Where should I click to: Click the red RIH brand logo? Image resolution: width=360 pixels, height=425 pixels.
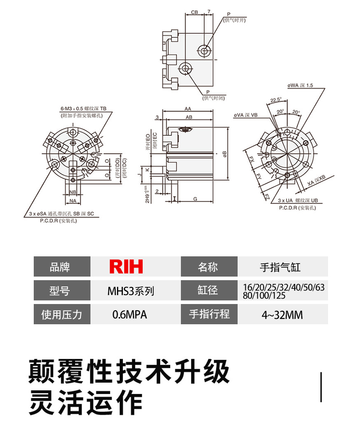(x=126, y=267)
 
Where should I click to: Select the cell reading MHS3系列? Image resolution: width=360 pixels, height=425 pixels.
(x=130, y=291)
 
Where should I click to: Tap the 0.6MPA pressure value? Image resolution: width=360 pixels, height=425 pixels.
(x=130, y=314)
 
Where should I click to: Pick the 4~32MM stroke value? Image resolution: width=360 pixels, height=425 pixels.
(x=282, y=314)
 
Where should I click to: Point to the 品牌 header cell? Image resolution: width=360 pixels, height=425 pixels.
(x=62, y=267)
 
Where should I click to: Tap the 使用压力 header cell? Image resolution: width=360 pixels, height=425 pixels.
(x=62, y=314)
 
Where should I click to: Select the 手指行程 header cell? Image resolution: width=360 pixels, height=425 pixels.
(x=209, y=314)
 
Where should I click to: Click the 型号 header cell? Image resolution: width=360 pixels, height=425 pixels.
(x=62, y=291)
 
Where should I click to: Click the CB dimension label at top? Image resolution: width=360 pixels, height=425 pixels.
(x=194, y=12)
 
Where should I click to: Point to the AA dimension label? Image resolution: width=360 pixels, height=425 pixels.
(x=188, y=109)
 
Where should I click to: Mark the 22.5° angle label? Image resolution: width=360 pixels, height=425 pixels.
(x=275, y=100)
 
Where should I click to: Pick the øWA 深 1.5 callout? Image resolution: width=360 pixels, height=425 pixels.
(x=300, y=85)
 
